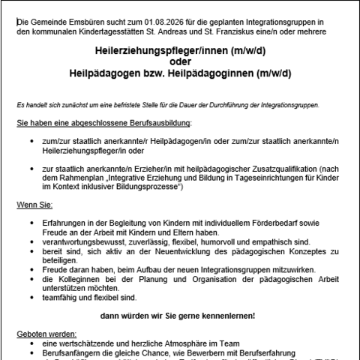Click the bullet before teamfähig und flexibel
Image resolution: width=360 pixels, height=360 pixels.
[x=31, y=296]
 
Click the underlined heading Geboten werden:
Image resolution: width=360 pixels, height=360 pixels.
[x=43, y=334]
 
